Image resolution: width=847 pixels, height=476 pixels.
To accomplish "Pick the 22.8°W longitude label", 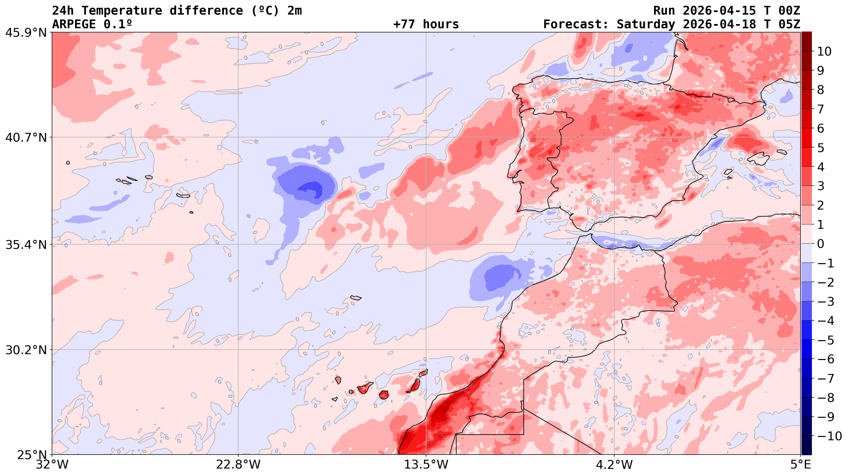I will point(238,465).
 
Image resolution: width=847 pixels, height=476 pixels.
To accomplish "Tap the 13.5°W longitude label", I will point(426,465).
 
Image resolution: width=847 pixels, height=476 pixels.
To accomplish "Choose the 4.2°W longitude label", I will point(614,465).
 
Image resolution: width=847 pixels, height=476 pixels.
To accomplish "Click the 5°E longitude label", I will point(800,465).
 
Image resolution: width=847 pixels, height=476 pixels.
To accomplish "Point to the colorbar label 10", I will point(824,52).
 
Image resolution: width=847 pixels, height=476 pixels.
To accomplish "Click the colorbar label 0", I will point(821,244).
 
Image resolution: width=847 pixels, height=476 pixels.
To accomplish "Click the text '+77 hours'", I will point(426,24).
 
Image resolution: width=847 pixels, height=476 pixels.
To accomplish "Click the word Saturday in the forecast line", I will point(645,24).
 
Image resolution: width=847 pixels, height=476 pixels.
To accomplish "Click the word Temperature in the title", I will point(122,10).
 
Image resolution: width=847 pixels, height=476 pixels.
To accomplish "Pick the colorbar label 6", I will point(821,129).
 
